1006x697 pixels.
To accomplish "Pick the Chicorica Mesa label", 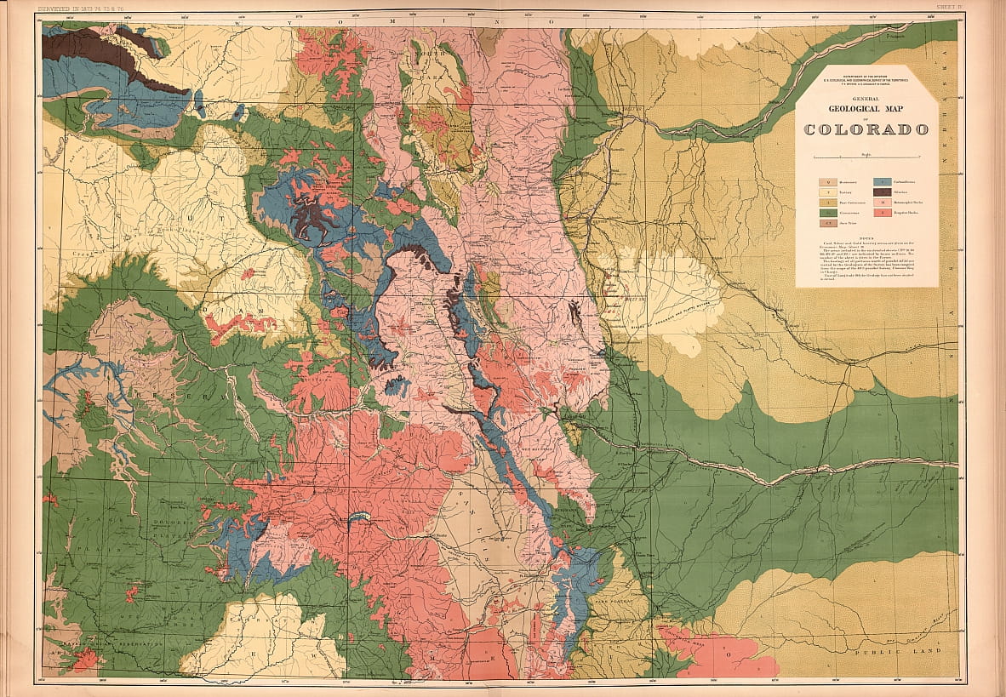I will [x=681, y=634].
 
